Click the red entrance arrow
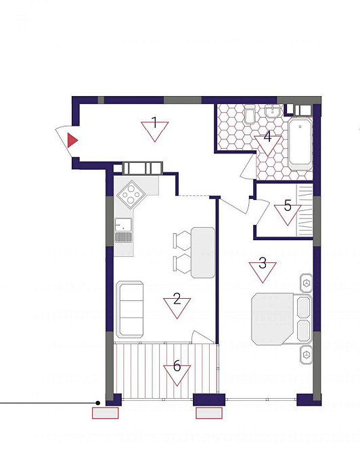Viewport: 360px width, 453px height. point(72,141)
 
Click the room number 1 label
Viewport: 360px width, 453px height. point(154,122)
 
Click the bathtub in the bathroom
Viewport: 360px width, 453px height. point(300,144)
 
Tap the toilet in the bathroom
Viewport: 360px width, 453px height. point(250,114)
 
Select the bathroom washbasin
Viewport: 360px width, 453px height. point(273,111)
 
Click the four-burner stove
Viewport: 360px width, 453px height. point(131,195)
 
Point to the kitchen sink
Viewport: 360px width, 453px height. point(123,230)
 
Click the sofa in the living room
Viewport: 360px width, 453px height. point(130,309)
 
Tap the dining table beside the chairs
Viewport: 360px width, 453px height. point(203,253)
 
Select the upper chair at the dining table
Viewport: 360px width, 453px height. point(182,240)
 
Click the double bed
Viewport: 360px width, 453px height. point(282,319)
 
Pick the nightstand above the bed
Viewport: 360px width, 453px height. point(307,283)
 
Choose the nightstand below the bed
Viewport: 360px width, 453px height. point(307,354)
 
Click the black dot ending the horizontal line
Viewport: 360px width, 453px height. point(98,403)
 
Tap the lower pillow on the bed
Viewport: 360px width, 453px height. point(304,331)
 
